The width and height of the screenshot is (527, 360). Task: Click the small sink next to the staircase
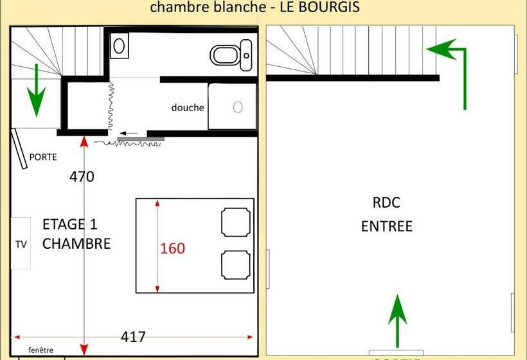click(x=119, y=46)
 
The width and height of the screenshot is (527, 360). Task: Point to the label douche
click(x=188, y=107)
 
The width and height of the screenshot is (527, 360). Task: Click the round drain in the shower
click(x=237, y=107)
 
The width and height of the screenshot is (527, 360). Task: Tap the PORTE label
click(x=43, y=157)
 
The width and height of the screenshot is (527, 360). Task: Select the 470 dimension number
click(x=82, y=176)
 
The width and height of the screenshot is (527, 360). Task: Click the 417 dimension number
click(x=133, y=336)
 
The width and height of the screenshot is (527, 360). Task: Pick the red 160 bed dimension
click(x=172, y=248)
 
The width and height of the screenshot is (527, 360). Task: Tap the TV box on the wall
click(x=21, y=244)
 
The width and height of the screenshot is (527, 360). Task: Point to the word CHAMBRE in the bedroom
click(x=76, y=244)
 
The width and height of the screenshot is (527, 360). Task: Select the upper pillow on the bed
click(x=235, y=222)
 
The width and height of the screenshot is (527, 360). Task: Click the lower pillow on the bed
click(x=235, y=264)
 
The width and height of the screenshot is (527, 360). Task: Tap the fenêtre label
click(x=37, y=350)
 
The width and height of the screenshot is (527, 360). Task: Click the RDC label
click(x=386, y=203)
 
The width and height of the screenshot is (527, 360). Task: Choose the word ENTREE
click(x=386, y=226)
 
